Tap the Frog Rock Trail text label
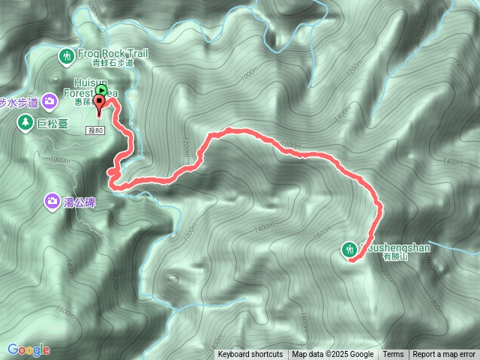point(112,53)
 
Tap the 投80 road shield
point(94,130)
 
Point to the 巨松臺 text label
point(52,124)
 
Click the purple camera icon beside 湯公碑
point(52,200)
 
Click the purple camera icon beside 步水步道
point(49,100)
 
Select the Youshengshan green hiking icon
point(349,248)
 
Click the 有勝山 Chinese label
point(394,256)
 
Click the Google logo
point(28,349)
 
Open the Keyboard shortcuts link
point(250,355)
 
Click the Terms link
point(393,355)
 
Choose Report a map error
point(444,355)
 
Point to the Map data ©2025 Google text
point(333,355)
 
